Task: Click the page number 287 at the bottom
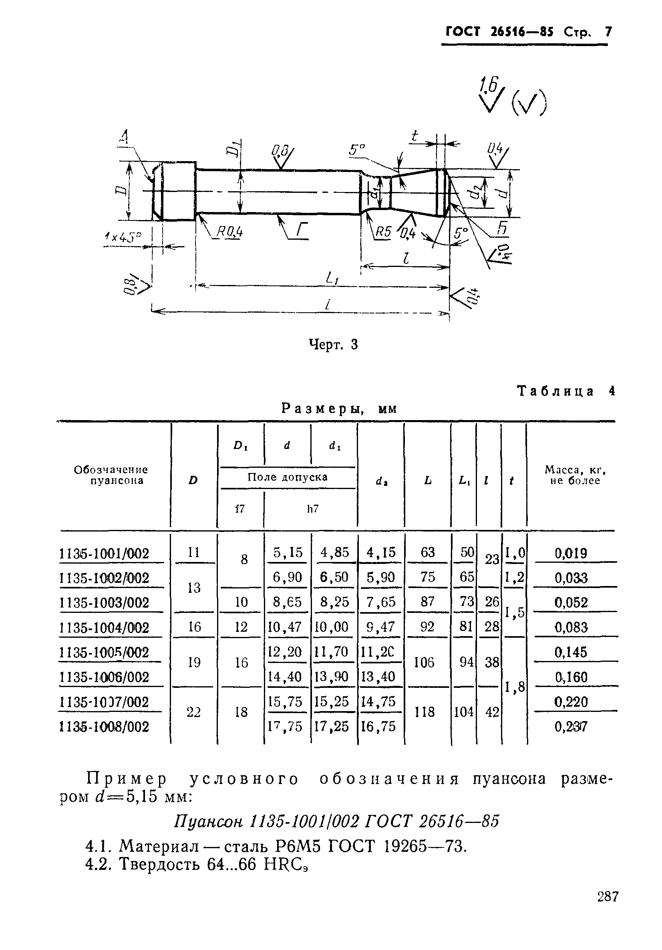click(x=608, y=908)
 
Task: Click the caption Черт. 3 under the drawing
click(x=333, y=344)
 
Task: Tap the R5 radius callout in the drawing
click(x=383, y=232)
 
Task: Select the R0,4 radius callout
click(x=229, y=232)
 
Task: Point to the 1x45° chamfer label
click(x=123, y=237)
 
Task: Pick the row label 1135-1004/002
click(x=104, y=628)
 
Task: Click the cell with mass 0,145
click(x=571, y=652)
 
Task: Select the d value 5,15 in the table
click(x=288, y=552)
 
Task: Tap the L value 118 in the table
click(x=425, y=711)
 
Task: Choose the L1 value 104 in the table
click(x=463, y=711)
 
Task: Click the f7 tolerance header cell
click(x=240, y=509)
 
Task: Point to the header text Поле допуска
click(x=288, y=477)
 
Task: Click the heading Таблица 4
click(x=565, y=391)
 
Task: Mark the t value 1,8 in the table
click(x=514, y=687)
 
